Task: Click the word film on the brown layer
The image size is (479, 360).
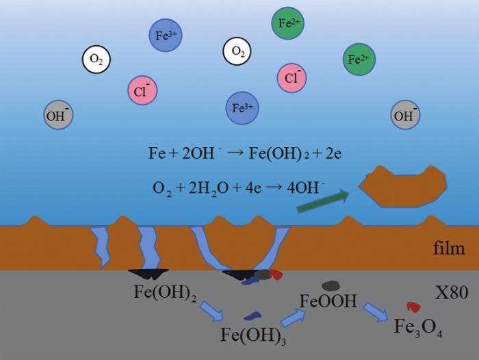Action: tap(449, 248)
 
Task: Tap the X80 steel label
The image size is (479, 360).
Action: tap(451, 292)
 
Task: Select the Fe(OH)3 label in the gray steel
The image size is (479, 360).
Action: tap(253, 335)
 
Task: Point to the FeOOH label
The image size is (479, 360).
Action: tap(328, 300)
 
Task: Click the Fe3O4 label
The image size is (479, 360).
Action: tap(418, 327)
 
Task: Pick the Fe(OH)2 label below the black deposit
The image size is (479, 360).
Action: tap(165, 292)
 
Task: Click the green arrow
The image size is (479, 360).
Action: tap(323, 201)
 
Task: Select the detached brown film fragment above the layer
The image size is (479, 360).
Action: tap(403, 186)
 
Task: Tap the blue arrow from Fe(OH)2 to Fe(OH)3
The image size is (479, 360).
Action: tap(212, 311)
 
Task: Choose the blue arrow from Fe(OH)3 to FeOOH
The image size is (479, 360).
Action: tap(293, 318)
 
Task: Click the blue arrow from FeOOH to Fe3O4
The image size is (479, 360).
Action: tap(376, 311)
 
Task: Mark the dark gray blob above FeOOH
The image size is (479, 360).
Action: tap(331, 285)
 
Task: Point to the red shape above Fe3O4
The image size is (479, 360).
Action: tap(414, 307)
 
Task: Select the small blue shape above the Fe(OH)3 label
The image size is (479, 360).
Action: tap(253, 316)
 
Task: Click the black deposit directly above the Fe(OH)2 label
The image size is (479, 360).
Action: tap(148, 274)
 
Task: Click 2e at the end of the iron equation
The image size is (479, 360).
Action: tap(333, 153)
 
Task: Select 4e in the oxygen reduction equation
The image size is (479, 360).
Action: tap(253, 188)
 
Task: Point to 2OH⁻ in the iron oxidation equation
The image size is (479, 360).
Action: tap(201, 152)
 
